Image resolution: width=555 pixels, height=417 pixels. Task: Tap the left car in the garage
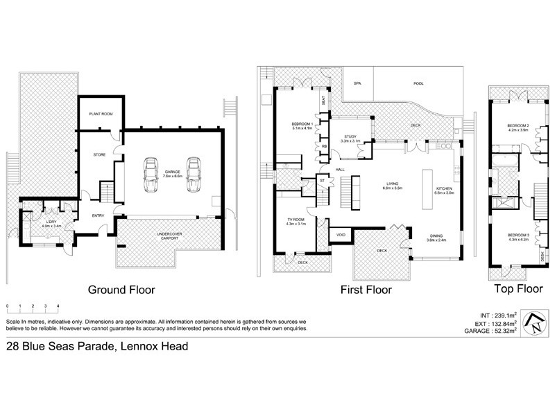click(x=150, y=177)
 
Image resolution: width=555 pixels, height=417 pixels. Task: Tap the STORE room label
click(x=99, y=154)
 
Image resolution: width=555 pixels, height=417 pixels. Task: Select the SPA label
click(x=358, y=83)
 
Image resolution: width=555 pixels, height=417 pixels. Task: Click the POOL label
click(x=418, y=83)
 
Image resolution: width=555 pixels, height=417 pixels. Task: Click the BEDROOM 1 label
click(x=302, y=126)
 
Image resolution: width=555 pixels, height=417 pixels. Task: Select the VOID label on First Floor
click(x=341, y=235)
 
